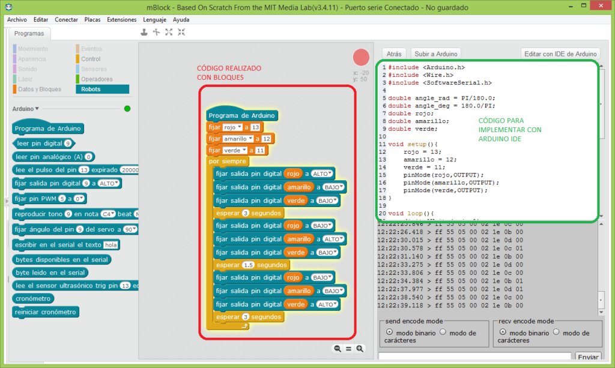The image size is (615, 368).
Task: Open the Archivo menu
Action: coord(17,19)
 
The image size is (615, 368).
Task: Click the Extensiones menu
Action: coord(121,19)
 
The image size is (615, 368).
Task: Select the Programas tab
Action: coord(29,34)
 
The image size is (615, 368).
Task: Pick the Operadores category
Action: coord(96,79)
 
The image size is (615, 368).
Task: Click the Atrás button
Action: coord(394,53)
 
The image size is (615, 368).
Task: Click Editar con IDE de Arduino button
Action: coord(561,53)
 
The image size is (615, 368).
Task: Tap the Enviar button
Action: coord(588,357)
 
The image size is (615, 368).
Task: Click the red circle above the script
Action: coord(361,57)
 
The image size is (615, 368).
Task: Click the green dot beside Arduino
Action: coord(127,109)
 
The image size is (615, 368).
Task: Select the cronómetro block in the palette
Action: coord(34,298)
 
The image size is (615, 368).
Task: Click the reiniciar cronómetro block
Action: coord(46,312)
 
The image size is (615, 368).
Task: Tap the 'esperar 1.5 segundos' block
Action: coord(251,265)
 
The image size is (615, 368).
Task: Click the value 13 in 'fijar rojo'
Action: coord(256,127)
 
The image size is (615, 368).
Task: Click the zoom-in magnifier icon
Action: coord(360,348)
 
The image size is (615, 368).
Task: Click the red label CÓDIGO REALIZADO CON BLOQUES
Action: coord(229,73)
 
